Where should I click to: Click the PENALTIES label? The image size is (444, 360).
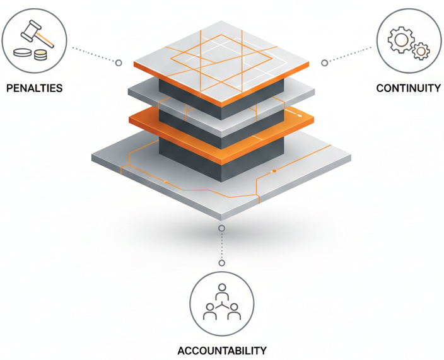[34, 88]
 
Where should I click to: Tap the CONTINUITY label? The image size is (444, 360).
[408, 88]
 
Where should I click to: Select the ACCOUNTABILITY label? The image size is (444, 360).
[221, 351]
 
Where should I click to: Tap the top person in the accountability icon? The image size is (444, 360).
[221, 291]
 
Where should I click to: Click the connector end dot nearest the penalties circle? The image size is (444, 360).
[118, 62]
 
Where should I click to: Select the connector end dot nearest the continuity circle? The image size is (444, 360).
[324, 62]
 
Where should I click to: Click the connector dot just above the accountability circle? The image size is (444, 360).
[221, 262]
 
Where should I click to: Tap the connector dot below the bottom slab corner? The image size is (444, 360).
[221, 228]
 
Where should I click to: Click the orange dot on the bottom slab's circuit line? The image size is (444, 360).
[274, 171]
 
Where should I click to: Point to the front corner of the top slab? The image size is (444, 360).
[222, 105]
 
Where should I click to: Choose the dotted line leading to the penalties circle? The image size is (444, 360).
[94, 54]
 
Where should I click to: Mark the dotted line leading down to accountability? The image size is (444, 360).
[221, 245]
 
